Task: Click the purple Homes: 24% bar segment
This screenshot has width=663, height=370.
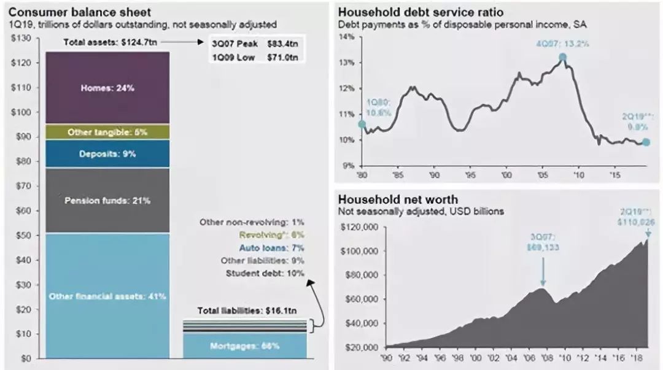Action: coord(107,88)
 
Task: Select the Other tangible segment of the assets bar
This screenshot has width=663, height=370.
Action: coord(107,132)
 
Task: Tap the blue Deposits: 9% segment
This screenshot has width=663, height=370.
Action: coord(107,153)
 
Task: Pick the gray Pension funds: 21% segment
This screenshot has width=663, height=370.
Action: coord(107,200)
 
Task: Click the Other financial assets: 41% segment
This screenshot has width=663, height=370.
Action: coord(107,296)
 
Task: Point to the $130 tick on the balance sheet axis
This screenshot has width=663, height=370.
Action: coord(23,39)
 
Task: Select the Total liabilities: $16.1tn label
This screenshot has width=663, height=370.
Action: coord(244,310)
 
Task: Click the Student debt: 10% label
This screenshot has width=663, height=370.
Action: coord(265,273)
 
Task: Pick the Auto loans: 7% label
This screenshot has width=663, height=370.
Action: coord(271,248)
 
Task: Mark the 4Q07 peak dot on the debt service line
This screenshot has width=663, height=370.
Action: coord(562,58)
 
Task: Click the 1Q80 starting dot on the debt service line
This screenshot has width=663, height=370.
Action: coord(362,124)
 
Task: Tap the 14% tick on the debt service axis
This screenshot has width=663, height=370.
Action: coord(347,37)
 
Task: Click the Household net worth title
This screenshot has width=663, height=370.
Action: coord(398,200)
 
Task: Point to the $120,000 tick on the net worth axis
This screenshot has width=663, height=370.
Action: coord(361,227)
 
